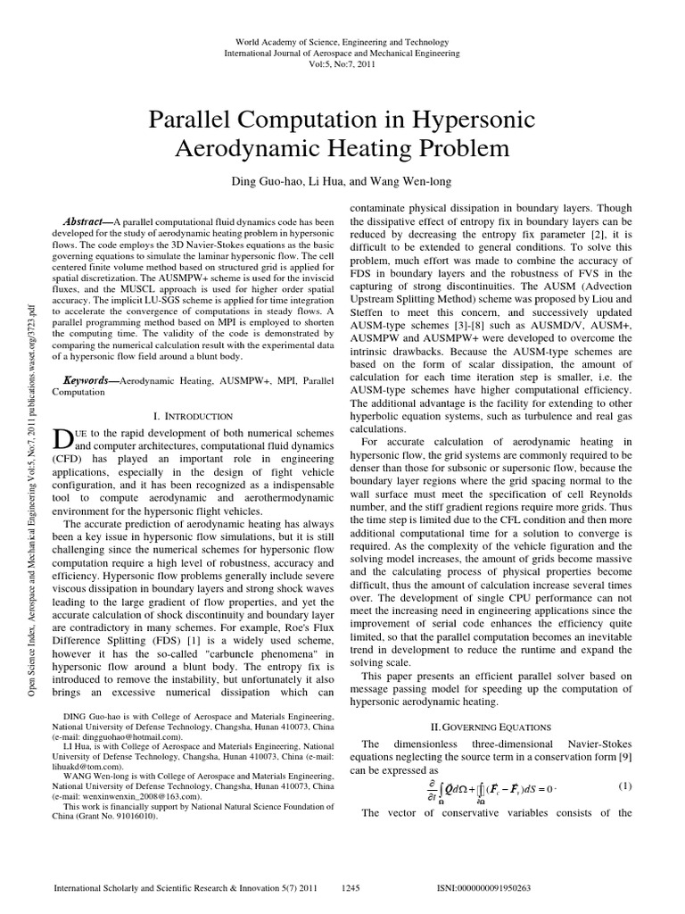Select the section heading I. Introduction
point(194,416)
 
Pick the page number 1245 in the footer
point(351,889)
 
